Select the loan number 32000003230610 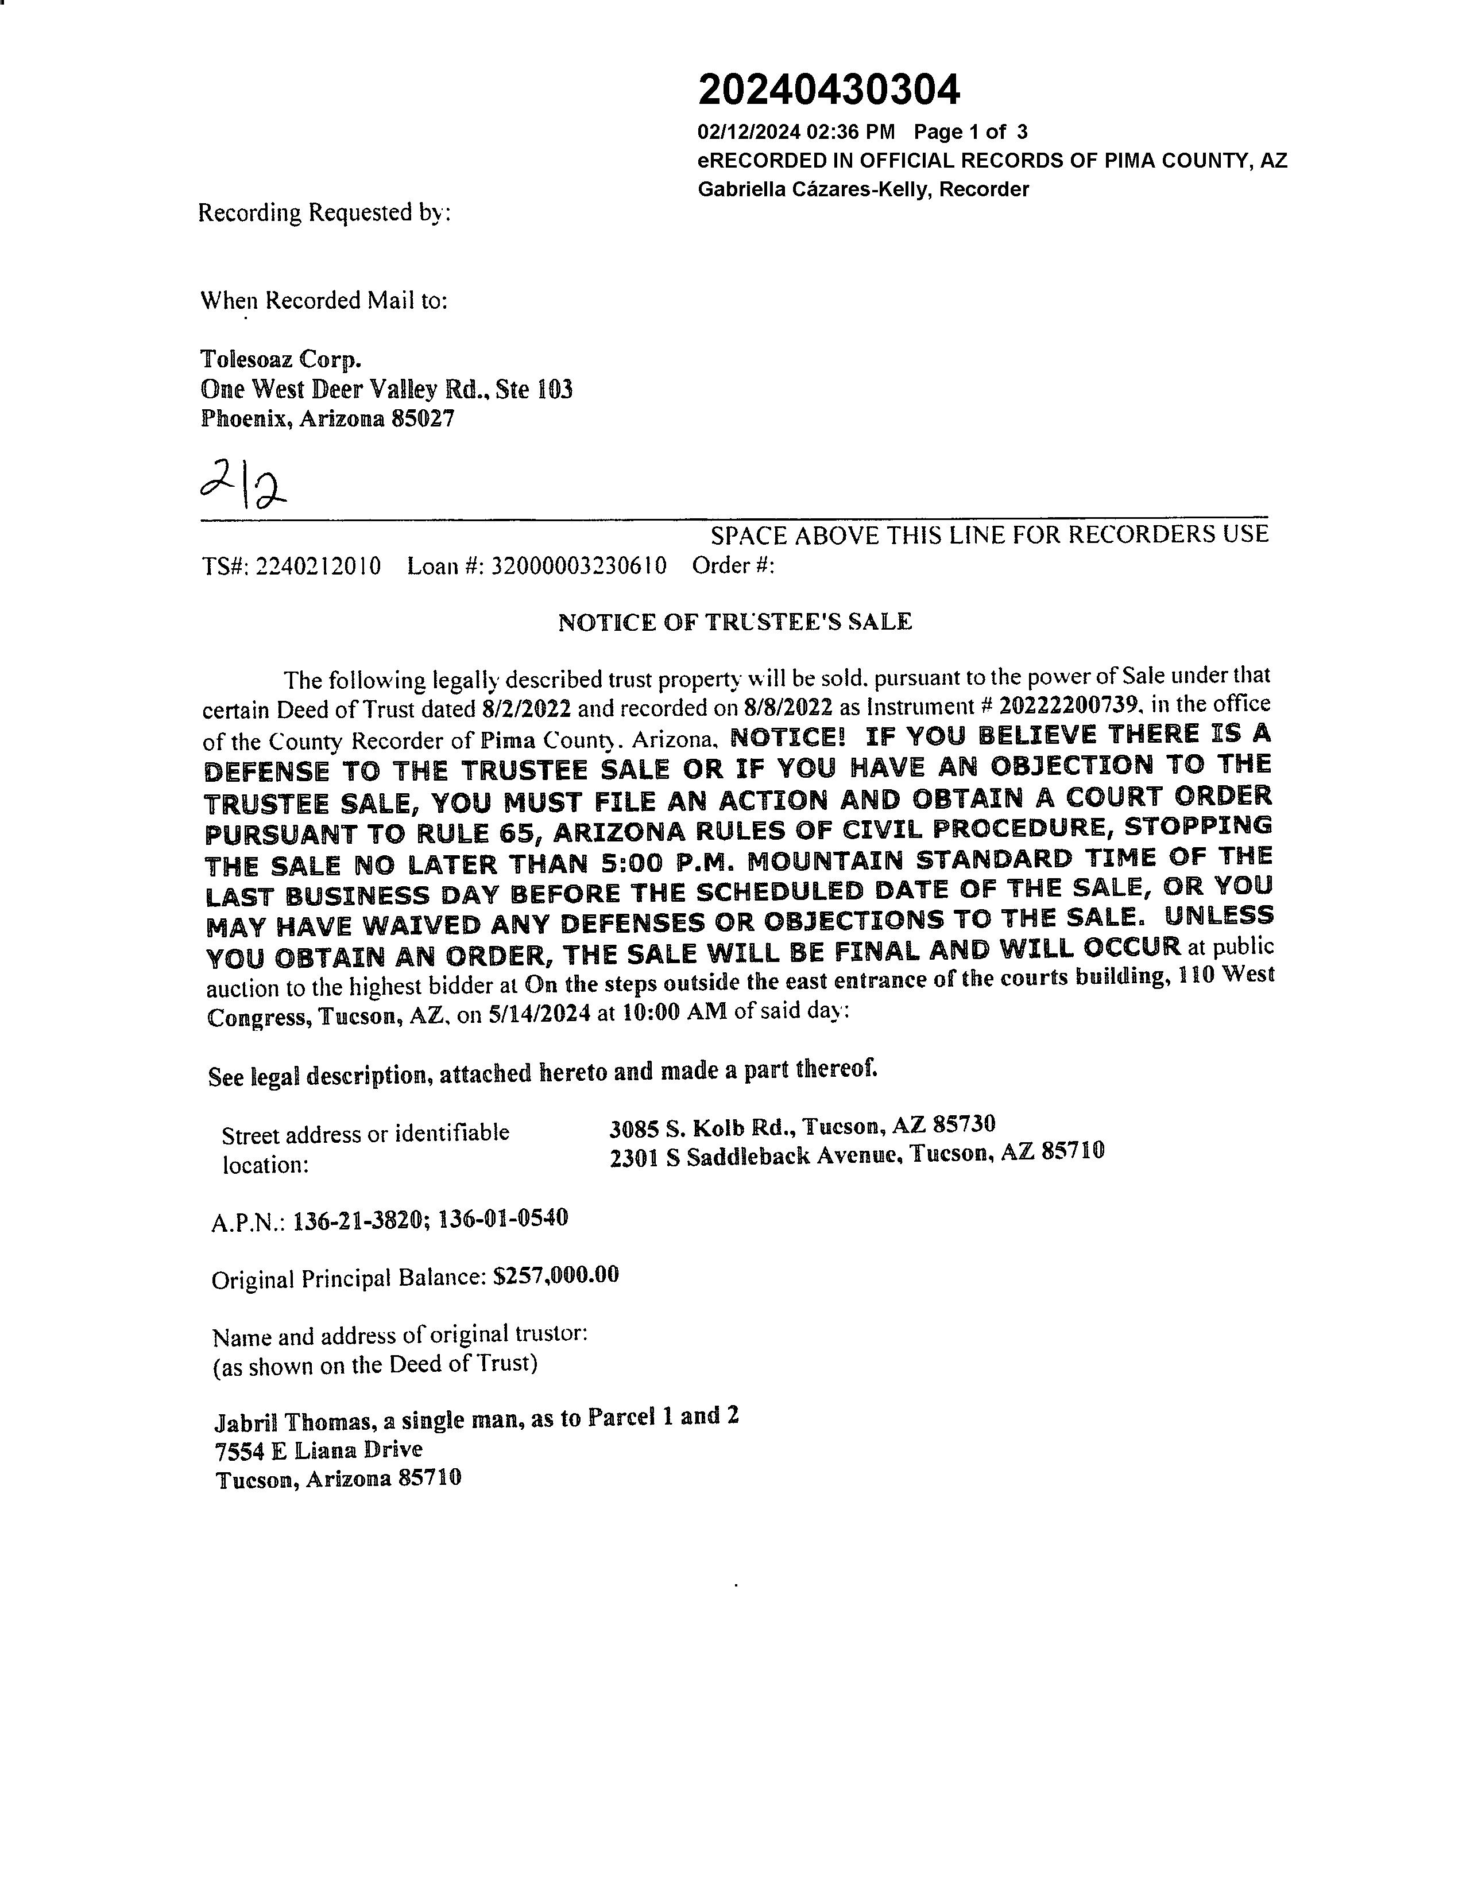(x=579, y=567)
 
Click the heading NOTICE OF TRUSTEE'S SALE (x=734, y=622)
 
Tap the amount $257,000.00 (x=556, y=1276)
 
